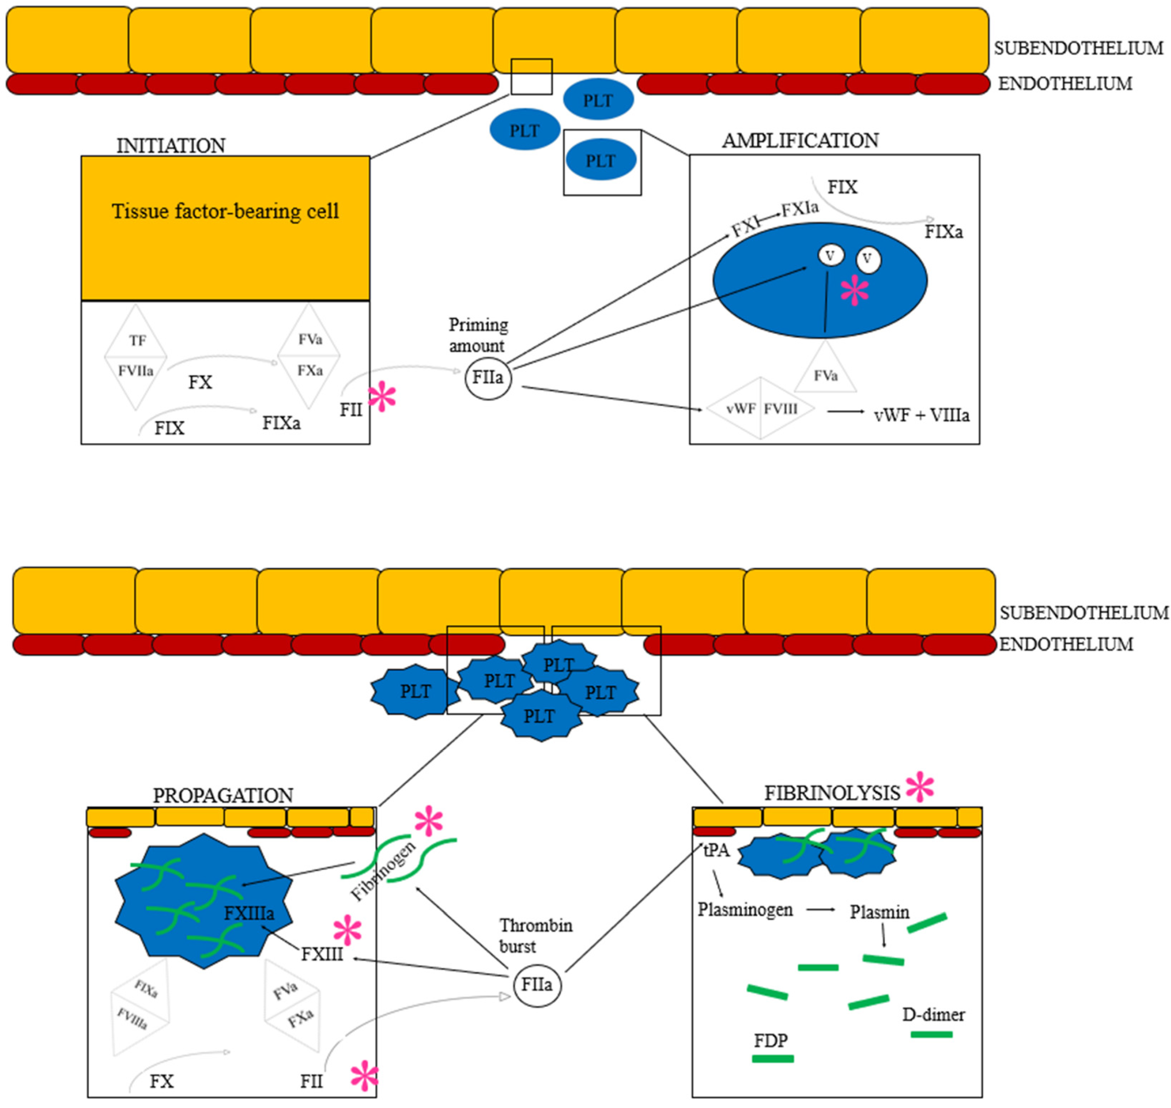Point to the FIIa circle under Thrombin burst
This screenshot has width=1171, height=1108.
point(536,984)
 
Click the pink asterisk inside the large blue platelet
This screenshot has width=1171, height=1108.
point(855,291)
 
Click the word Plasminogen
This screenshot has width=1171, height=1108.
point(745,910)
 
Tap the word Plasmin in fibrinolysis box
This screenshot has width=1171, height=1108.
point(879,912)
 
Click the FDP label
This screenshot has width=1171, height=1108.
point(770,1040)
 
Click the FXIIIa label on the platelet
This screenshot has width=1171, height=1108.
point(249,914)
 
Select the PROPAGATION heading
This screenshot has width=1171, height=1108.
point(223,796)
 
